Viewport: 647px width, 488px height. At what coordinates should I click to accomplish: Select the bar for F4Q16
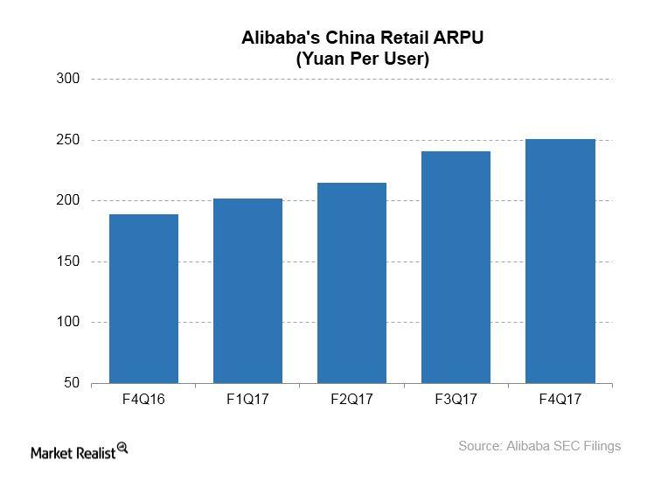[143, 298]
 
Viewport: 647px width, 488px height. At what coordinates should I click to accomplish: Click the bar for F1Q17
[247, 290]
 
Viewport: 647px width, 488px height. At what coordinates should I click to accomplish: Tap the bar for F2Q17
[351, 282]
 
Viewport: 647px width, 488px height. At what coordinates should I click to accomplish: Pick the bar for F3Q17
[456, 267]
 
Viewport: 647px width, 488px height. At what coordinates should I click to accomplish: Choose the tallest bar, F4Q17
[560, 261]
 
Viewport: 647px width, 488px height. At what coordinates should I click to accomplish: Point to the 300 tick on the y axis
[69, 79]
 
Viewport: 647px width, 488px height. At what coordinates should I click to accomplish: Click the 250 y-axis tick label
[69, 140]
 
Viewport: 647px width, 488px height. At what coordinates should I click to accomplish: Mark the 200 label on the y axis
[69, 200]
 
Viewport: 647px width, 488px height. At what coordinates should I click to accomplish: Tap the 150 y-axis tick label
[69, 261]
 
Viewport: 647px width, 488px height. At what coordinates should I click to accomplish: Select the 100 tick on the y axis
[69, 322]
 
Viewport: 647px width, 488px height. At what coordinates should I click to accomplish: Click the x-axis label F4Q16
[143, 400]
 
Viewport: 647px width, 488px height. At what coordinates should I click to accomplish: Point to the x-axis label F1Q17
[247, 400]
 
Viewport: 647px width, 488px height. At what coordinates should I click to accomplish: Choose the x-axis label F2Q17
[351, 400]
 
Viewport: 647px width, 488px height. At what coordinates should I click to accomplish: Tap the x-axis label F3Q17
[456, 400]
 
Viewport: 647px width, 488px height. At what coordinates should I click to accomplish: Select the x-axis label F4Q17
[560, 400]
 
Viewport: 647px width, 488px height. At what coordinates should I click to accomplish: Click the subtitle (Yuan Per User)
[362, 59]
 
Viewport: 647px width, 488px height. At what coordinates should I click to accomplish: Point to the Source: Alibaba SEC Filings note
[539, 446]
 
